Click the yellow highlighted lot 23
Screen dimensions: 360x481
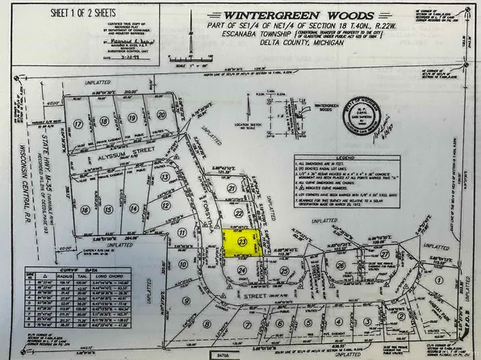(x=241, y=242)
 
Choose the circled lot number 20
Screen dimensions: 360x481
(x=162, y=115)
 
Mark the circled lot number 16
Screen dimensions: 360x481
(x=85, y=208)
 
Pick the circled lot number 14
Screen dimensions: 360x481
(x=133, y=207)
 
